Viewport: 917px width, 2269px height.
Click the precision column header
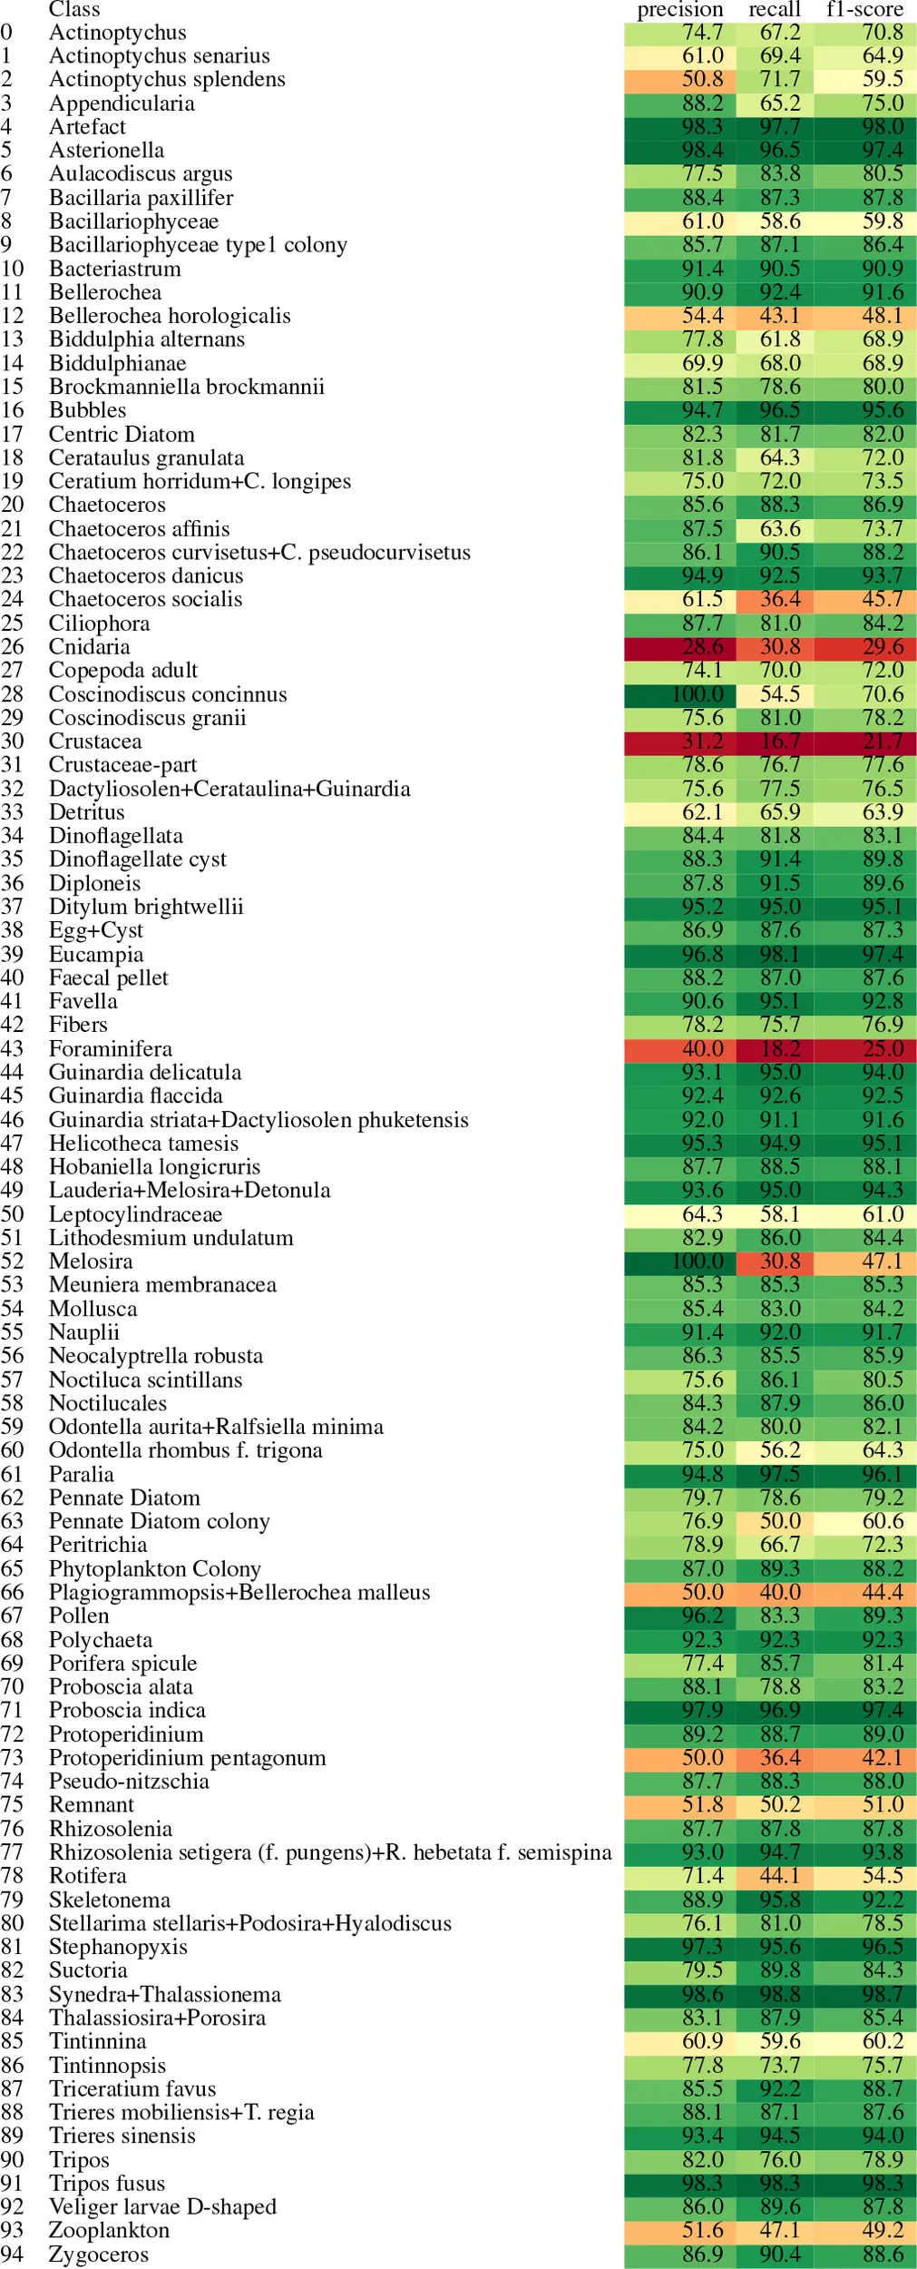click(x=679, y=10)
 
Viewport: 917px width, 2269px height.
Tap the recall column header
click(x=775, y=10)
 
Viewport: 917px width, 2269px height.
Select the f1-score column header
click(x=864, y=10)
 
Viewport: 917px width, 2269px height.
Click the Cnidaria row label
click(x=89, y=646)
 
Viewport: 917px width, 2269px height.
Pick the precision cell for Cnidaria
click(x=673, y=647)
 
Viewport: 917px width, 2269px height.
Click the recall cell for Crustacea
click(x=775, y=742)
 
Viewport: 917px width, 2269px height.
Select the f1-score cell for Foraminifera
click(x=864, y=1049)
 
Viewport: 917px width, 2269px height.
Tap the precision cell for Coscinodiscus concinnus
click(x=673, y=694)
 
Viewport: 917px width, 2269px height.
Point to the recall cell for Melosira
click(x=775, y=1262)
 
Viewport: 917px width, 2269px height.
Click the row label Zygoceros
click(x=98, y=2254)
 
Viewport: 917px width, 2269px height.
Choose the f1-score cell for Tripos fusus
click(x=864, y=2184)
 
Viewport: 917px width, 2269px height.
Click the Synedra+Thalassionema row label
click(x=164, y=1994)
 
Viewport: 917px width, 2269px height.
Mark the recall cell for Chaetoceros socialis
click(x=775, y=600)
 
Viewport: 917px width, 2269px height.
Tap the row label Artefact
click(x=87, y=127)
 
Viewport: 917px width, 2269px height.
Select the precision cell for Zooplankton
click(x=673, y=2231)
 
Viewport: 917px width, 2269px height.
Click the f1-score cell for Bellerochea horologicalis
click(x=864, y=316)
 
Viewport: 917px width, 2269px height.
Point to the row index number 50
click(x=12, y=1214)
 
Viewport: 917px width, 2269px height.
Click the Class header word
click(x=73, y=10)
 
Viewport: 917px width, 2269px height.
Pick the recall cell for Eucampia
click(x=775, y=955)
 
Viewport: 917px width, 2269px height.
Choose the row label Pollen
click(x=79, y=1616)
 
